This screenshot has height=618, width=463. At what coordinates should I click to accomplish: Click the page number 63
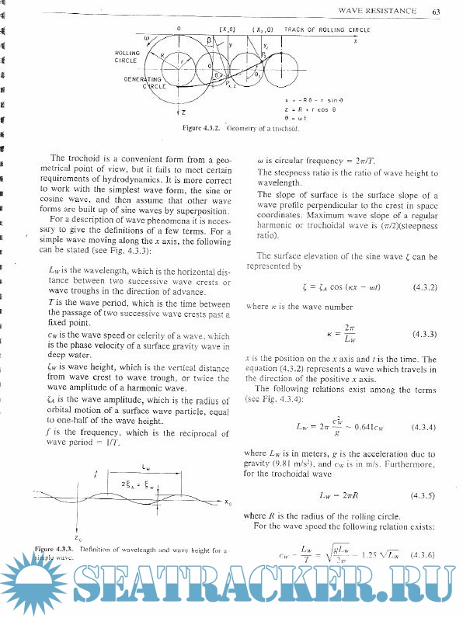coord(437,11)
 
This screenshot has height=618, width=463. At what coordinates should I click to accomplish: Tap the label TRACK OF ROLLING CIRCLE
coord(328,29)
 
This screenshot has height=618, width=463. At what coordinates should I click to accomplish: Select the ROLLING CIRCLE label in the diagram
coord(126,57)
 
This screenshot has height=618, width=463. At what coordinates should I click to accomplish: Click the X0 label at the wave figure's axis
coord(228,502)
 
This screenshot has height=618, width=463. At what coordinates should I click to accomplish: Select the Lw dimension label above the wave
coord(146,467)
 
